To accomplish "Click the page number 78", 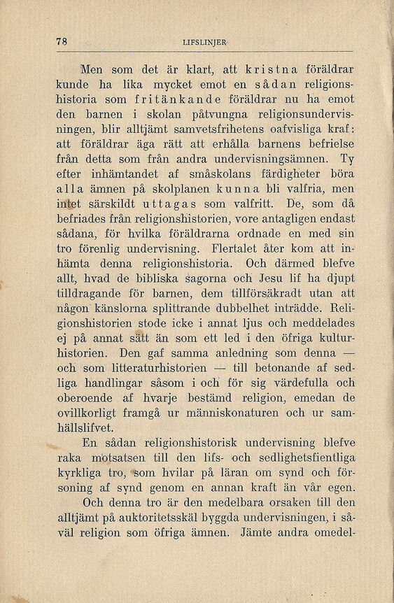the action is click(x=61, y=41).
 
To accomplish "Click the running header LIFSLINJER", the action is click(x=204, y=42).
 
